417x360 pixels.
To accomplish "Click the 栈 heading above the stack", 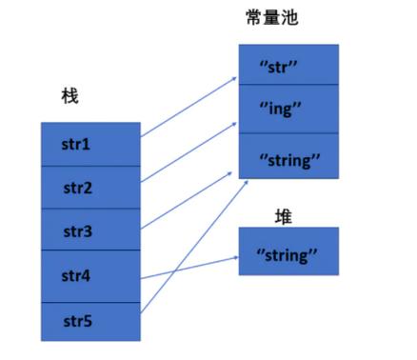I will click(69, 97).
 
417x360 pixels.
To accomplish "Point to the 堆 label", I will click(284, 216).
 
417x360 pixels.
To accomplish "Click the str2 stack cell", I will click(90, 188).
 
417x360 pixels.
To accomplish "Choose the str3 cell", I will click(90, 231).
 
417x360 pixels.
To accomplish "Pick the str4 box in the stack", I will click(90, 276).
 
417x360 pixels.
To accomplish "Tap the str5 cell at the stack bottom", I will click(90, 321).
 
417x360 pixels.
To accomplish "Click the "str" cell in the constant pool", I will click(287, 67).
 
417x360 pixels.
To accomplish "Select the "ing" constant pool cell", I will click(287, 109).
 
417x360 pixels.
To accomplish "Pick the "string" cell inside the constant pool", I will click(287, 157).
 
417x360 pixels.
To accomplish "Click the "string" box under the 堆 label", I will click(287, 253).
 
